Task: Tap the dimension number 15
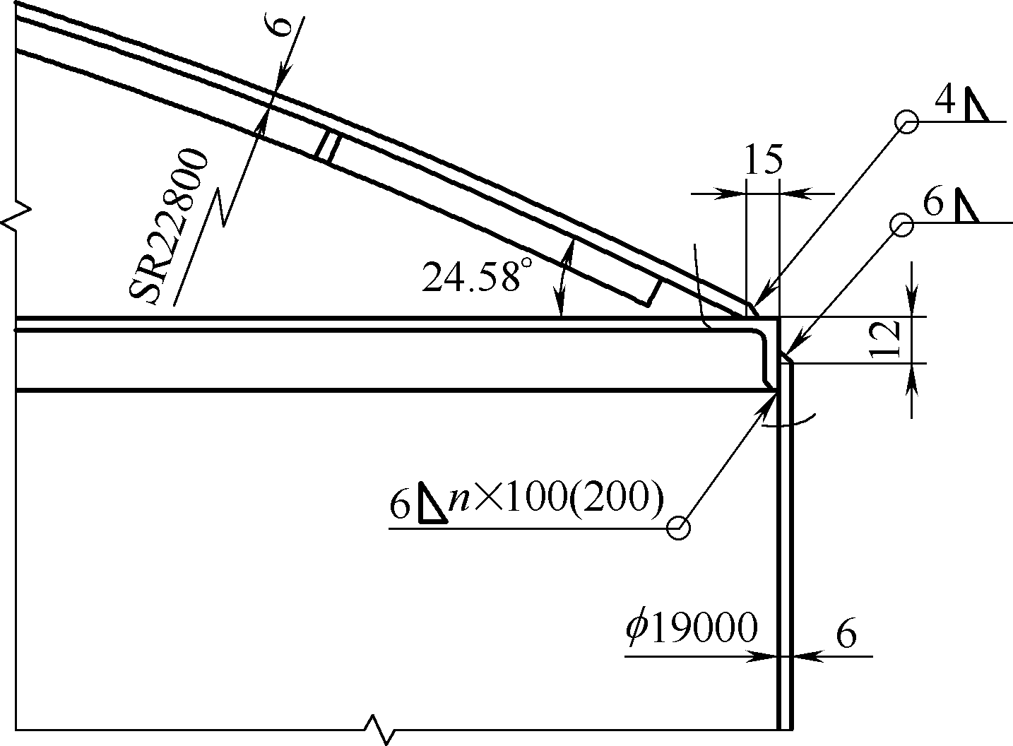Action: (763, 160)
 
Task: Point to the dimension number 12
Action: (884, 338)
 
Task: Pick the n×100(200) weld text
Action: (556, 500)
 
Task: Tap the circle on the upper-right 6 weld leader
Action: (902, 225)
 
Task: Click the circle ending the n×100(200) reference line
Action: (678, 528)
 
